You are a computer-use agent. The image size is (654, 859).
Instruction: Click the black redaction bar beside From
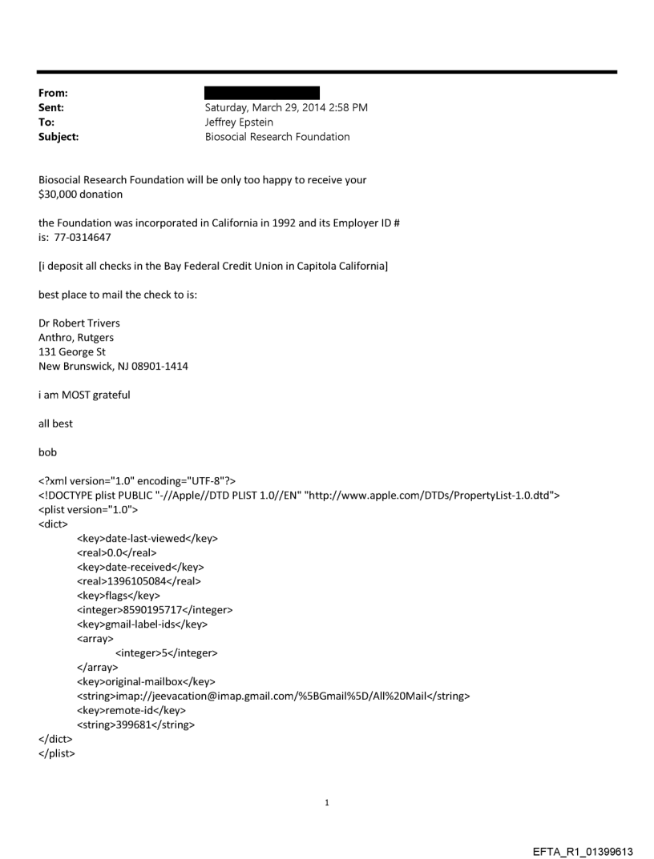pos(262,93)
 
